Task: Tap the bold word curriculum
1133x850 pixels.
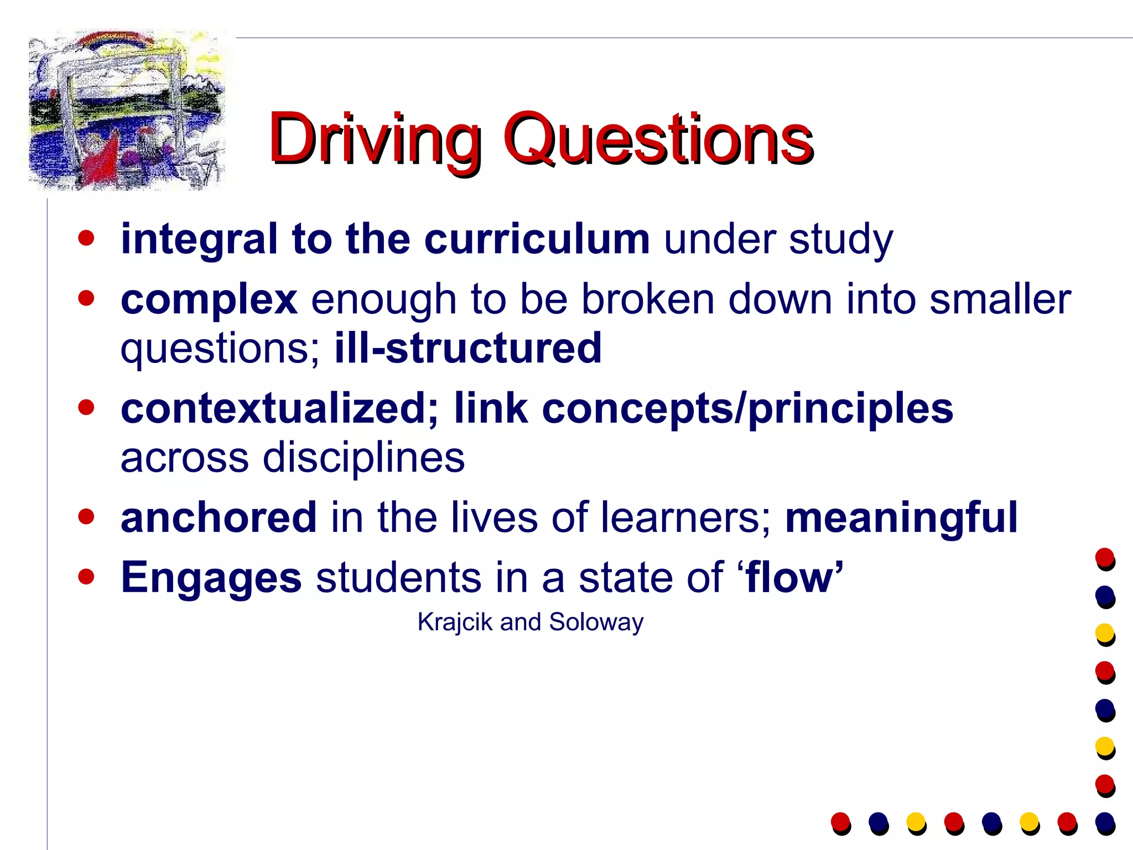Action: point(537,239)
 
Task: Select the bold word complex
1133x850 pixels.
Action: point(209,300)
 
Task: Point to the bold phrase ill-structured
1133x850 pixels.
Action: point(468,348)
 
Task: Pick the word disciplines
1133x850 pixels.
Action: point(363,458)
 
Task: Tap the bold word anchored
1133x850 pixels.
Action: point(219,517)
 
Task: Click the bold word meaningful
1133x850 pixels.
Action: point(901,517)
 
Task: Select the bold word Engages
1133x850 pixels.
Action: point(211,577)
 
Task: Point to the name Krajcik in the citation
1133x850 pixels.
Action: point(455,622)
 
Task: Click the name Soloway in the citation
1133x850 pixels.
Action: point(596,622)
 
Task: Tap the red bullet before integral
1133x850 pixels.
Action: point(86,239)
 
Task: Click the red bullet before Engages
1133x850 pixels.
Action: point(86,577)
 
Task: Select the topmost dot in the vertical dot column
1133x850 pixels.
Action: point(1105,558)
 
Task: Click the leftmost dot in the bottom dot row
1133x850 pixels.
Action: point(840,822)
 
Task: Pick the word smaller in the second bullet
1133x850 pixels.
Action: point(1000,300)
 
